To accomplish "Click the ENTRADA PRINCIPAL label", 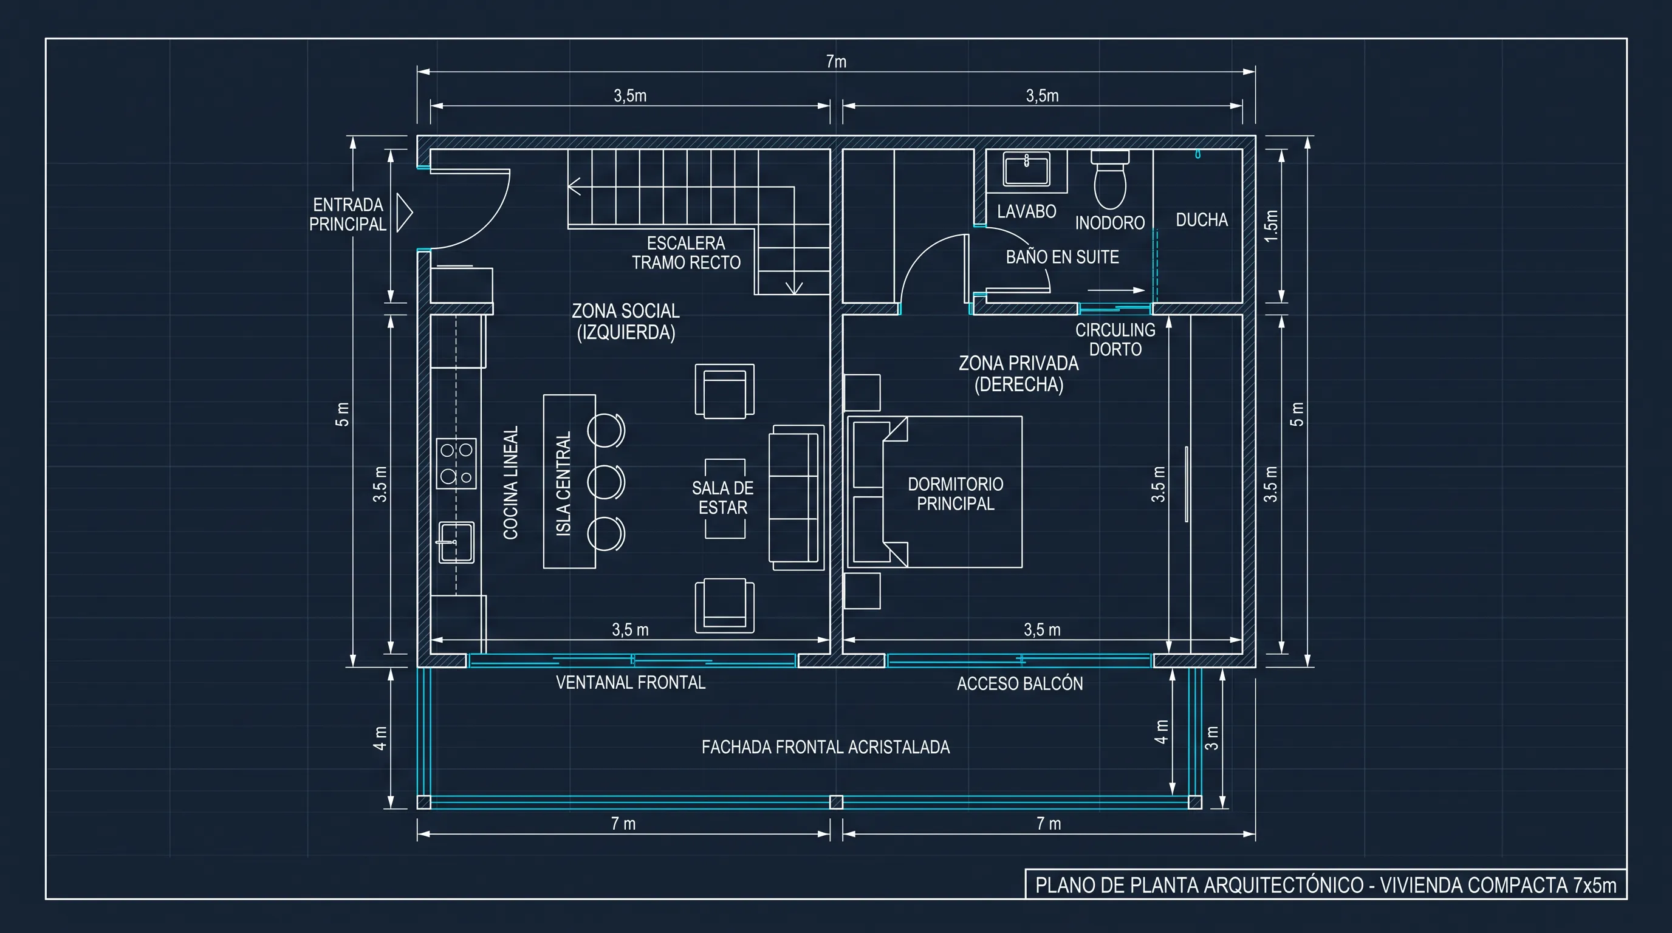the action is point(348,215).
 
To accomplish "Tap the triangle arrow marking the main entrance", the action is point(405,212).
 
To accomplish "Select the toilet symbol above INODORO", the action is point(1110,179).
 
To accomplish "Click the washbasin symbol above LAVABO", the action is point(1026,170).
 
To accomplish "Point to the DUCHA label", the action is point(1201,220).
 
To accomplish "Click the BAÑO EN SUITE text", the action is point(1063,257).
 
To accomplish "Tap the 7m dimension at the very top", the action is point(836,61).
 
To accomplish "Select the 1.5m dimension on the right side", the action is point(1271,226).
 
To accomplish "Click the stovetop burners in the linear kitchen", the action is point(456,463).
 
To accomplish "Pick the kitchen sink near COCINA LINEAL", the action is point(456,542).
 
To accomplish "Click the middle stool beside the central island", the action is point(606,482).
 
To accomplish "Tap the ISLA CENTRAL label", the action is point(563,484).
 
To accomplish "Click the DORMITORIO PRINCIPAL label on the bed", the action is point(956,494).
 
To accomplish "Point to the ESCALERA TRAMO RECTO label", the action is point(686,253).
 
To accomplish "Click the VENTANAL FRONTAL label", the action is point(630,683).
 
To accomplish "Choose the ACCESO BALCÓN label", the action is point(1019,683).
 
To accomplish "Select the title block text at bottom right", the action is point(1326,885).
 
